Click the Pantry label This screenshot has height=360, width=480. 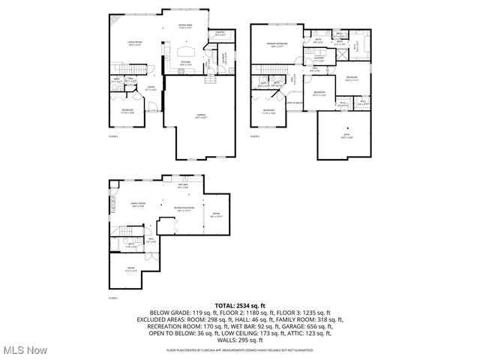pos(220,34)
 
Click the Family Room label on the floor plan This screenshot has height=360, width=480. pos(137,205)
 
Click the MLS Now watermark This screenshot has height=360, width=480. pos(24,350)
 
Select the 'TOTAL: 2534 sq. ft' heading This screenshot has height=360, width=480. pos(240,305)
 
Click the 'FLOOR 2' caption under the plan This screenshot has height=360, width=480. pos(113,137)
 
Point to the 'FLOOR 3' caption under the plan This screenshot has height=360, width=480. pos(254,137)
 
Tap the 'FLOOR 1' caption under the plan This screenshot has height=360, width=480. pos(113,298)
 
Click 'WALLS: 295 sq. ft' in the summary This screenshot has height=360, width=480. pos(240,340)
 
